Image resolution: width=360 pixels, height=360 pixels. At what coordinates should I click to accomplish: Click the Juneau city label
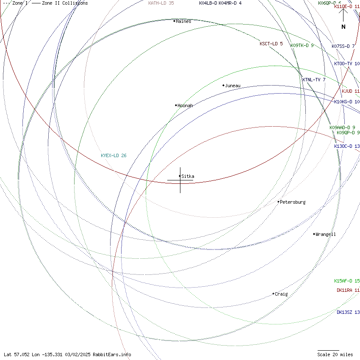tap(233, 86)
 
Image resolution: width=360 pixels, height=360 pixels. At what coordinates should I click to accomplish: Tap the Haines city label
tap(183, 21)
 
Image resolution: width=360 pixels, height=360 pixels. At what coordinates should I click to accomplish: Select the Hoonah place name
tap(185, 105)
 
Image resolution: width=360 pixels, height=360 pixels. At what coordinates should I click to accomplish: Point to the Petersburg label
tap(293, 202)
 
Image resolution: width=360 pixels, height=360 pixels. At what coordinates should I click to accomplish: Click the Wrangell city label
tap(326, 234)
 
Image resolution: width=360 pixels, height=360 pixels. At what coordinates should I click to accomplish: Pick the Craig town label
tap(281, 294)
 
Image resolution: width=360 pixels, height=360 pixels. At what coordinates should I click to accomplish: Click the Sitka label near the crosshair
tap(188, 176)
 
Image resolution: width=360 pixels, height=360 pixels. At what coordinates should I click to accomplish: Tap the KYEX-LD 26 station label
tap(114, 155)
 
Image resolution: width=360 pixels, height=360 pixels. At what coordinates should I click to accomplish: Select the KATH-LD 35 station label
tap(161, 3)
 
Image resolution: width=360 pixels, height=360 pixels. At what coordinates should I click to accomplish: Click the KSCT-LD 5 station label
tap(271, 44)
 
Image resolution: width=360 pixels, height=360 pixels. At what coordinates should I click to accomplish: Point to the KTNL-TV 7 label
tap(314, 80)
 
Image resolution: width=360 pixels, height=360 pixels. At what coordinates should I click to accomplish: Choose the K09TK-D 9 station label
tap(302, 45)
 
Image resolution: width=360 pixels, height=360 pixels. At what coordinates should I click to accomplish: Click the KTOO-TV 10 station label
tap(347, 64)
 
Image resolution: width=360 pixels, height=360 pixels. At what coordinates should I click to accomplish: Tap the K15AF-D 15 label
tap(347, 281)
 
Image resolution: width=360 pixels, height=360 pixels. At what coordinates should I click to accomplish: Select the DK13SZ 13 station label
tap(348, 312)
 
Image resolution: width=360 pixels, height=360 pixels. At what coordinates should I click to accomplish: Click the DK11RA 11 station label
tap(348, 290)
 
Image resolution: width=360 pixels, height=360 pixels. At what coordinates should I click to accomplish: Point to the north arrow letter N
tap(343, 27)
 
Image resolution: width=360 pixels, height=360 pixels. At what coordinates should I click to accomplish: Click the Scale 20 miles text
tap(335, 354)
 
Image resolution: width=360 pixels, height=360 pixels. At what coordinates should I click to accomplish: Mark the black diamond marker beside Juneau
tap(223, 86)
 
